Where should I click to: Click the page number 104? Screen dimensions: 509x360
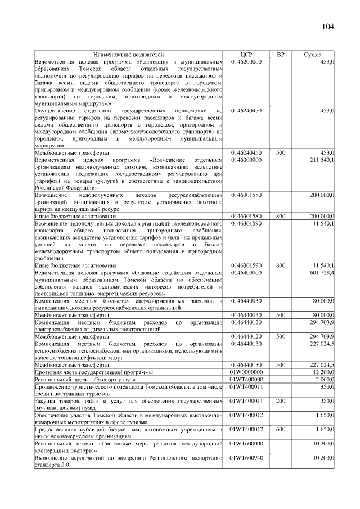(x=328, y=27)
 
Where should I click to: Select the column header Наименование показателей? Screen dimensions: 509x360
(x=129, y=55)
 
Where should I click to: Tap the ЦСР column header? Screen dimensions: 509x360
(x=246, y=55)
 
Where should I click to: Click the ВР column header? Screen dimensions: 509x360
(x=280, y=55)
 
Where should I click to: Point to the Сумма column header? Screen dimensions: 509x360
(x=313, y=55)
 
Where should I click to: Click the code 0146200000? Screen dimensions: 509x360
(x=246, y=61)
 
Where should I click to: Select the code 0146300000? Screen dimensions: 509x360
(x=246, y=160)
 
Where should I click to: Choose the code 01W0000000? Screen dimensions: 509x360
(x=246, y=372)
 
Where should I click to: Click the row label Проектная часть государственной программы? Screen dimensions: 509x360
(x=93, y=372)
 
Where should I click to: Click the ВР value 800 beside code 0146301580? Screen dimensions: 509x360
(x=280, y=216)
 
